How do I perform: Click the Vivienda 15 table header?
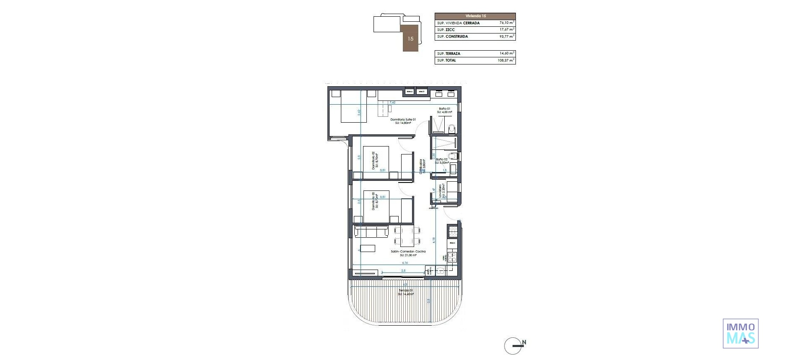click(475, 15)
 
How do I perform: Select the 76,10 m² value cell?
click(507, 23)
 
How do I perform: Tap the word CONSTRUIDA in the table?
click(457, 36)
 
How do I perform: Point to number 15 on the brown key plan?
click(410, 39)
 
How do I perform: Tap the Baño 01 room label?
click(444, 108)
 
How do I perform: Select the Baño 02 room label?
click(442, 159)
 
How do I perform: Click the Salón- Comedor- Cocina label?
click(408, 251)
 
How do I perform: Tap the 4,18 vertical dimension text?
click(433, 240)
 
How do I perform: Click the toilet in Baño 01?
click(451, 129)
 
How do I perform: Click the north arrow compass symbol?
click(513, 346)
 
